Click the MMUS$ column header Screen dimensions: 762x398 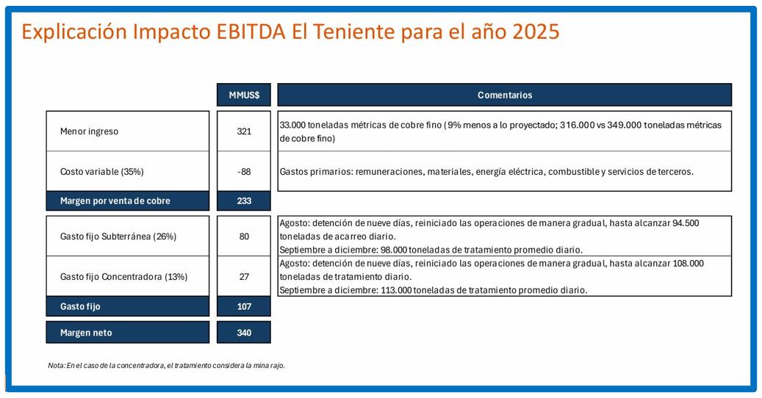[x=244, y=95]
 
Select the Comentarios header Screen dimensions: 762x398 [x=504, y=95]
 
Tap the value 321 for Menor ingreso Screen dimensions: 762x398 [x=244, y=131]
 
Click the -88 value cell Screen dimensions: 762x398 [x=244, y=171]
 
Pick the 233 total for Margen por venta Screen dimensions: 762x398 [x=244, y=200]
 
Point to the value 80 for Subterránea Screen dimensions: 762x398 [x=244, y=236]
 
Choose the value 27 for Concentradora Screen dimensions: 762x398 [x=244, y=277]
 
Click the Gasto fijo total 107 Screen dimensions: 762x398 [x=244, y=306]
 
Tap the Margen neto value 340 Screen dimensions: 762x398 [x=244, y=333]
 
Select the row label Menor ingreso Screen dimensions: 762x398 [x=89, y=131]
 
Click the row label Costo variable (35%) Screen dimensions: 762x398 [x=101, y=171]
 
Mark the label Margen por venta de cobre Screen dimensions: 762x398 [x=115, y=200]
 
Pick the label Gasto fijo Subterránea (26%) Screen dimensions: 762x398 [x=118, y=236]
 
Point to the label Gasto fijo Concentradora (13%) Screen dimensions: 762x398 [x=123, y=277]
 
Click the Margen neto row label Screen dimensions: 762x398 [x=86, y=333]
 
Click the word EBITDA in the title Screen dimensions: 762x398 [x=251, y=32]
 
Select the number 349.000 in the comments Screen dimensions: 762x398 [x=625, y=125]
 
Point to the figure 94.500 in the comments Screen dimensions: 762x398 [x=686, y=223]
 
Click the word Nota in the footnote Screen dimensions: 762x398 [x=56, y=366]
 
